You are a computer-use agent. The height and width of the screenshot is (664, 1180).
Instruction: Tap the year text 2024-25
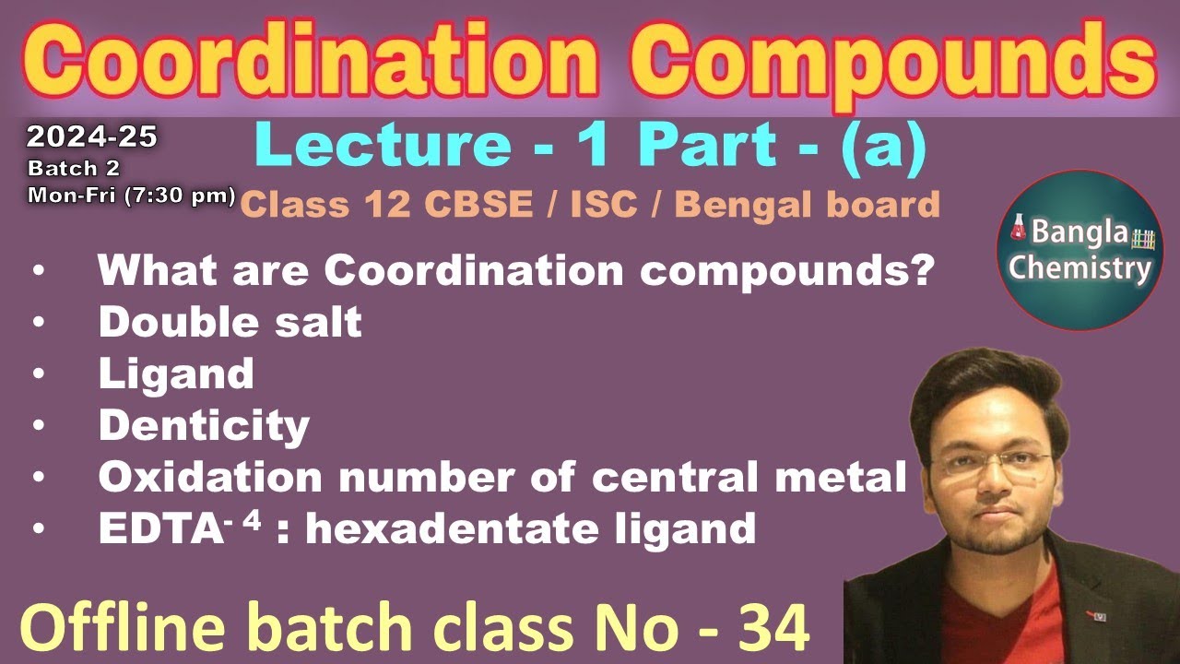click(91, 137)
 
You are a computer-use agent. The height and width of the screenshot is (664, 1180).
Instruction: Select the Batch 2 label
click(74, 169)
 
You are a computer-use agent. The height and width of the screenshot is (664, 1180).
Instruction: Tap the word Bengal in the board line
click(745, 204)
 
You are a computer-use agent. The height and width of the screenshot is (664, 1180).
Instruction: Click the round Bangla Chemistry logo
click(1080, 250)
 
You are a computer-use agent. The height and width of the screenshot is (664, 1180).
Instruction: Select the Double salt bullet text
click(230, 322)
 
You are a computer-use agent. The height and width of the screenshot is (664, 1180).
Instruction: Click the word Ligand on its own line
click(175, 373)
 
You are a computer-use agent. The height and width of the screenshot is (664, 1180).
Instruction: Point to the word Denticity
click(204, 425)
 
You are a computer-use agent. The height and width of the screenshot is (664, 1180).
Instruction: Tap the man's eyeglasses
click(996, 462)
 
